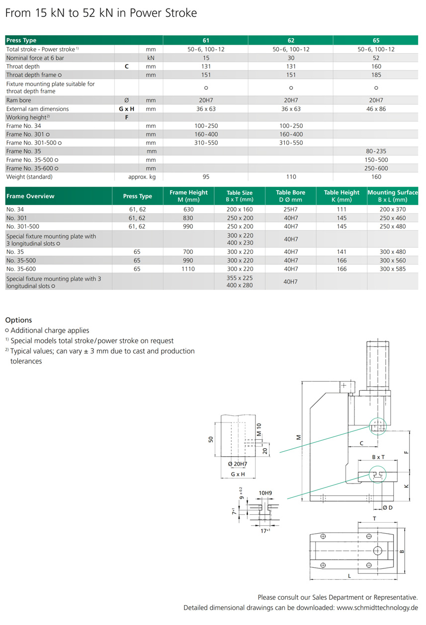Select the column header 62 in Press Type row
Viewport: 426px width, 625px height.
point(291,40)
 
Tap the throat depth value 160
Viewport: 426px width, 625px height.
point(376,66)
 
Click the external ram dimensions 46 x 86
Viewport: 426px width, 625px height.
point(376,109)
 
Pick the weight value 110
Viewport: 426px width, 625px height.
point(291,177)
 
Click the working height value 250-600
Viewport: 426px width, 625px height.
point(376,168)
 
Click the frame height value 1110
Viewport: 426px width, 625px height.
point(188,269)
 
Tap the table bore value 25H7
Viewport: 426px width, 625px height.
point(291,209)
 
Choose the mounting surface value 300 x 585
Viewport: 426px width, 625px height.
point(393,269)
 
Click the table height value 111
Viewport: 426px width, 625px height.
point(341,209)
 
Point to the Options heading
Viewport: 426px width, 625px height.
point(18,320)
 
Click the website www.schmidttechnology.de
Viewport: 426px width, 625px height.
point(377,608)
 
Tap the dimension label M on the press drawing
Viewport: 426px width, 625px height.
point(299,437)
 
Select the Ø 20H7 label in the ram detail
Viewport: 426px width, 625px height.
point(238,464)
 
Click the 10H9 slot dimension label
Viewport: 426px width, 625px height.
point(265,493)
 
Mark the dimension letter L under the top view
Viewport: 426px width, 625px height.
point(349,576)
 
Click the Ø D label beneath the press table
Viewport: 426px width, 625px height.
point(387,507)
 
